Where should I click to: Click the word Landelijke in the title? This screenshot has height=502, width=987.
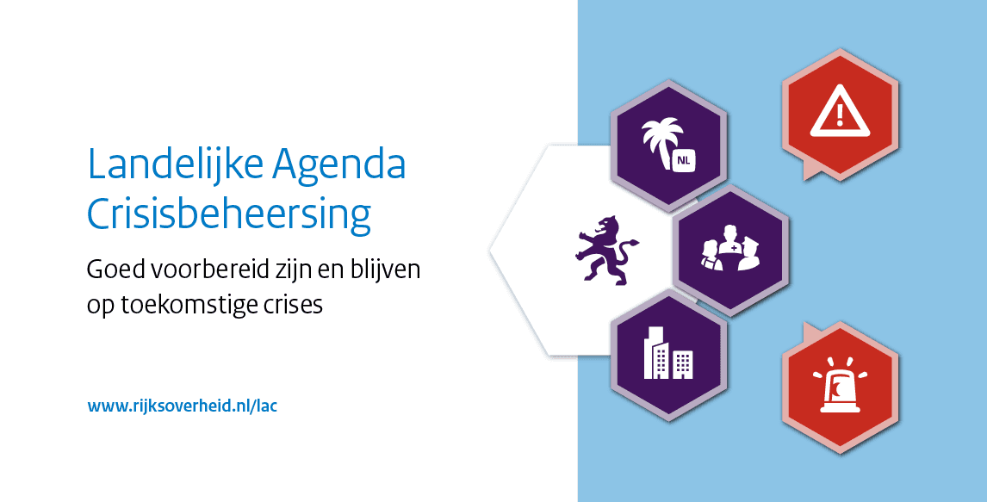[174, 164]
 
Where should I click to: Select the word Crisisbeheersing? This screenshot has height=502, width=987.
[229, 214]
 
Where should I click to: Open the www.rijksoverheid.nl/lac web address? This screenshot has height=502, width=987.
[183, 406]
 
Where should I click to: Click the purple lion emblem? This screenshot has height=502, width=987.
[605, 251]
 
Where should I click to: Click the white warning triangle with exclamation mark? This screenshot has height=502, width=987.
[840, 114]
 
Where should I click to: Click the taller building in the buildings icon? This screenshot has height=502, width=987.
[655, 353]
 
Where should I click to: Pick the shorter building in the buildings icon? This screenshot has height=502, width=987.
[682, 365]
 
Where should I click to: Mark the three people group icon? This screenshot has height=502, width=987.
[731, 248]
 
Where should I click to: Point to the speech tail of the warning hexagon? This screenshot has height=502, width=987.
[812, 170]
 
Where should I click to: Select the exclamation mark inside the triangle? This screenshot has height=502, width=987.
[840, 116]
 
